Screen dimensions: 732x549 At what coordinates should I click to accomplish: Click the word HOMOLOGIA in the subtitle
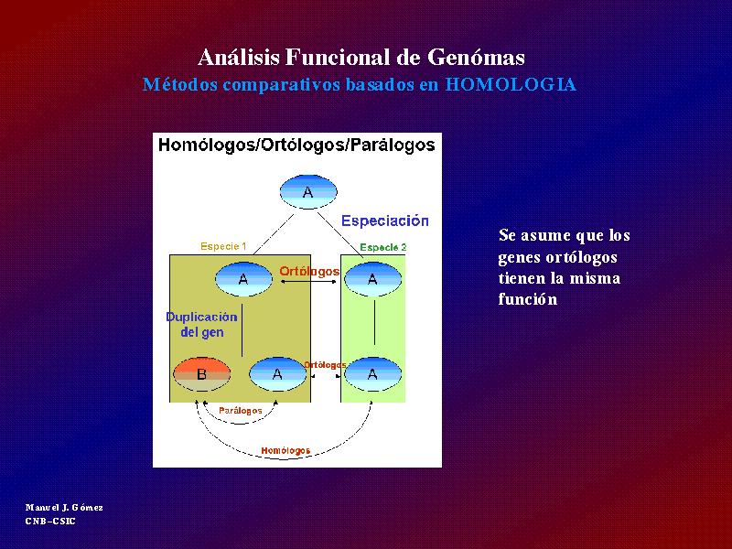[x=511, y=84]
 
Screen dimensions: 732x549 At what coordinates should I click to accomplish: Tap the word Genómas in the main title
[x=476, y=58]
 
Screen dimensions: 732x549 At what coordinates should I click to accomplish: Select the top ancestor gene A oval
[x=308, y=192]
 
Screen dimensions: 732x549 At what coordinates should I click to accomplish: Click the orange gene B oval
[x=201, y=374]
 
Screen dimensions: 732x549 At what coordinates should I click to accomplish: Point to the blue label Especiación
[x=385, y=221]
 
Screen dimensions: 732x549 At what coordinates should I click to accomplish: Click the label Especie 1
[x=223, y=246]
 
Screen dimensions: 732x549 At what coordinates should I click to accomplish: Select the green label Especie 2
[x=383, y=247]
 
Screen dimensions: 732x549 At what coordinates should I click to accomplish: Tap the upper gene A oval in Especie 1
[x=243, y=279]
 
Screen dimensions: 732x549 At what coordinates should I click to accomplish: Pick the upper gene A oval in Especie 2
[x=372, y=279]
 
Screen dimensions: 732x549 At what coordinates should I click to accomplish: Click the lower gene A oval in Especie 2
[x=372, y=374]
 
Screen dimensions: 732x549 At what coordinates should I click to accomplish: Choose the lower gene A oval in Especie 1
[x=277, y=374]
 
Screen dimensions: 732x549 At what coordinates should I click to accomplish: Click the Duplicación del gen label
[x=201, y=325]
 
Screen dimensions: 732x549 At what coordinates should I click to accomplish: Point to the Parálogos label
[x=241, y=411]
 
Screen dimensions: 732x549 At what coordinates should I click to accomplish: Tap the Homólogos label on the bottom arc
[x=285, y=450]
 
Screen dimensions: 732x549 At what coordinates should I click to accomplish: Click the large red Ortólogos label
[x=309, y=271]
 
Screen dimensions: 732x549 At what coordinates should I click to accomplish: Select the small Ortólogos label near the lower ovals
[x=325, y=364]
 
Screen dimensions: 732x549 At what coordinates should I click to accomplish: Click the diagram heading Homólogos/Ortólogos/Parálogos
[x=296, y=145]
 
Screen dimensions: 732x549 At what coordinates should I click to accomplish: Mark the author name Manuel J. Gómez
[x=64, y=508]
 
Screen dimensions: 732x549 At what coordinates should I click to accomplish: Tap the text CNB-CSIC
[x=50, y=521]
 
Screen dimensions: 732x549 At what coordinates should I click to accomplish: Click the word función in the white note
[x=528, y=299]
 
